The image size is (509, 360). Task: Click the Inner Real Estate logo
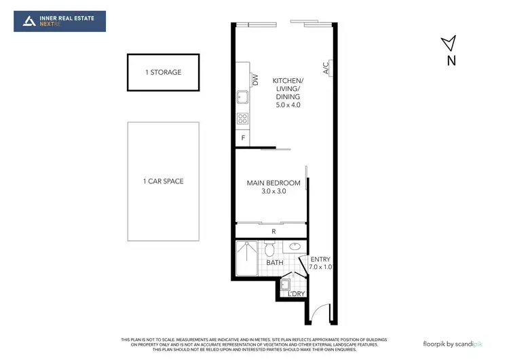click(60, 21)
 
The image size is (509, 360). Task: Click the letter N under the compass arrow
click(451, 61)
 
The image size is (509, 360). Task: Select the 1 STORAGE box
click(163, 72)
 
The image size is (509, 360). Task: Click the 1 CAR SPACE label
click(163, 181)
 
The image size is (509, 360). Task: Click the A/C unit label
click(326, 69)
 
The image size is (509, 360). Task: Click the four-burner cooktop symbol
click(242, 119)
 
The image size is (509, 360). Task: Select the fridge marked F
click(242, 139)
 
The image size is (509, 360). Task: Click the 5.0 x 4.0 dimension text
click(288, 105)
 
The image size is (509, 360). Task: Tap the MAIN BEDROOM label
click(274, 183)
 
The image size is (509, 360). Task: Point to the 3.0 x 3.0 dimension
click(274, 192)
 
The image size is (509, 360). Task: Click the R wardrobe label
click(274, 231)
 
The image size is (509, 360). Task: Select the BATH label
click(274, 262)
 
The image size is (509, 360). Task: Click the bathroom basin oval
click(295, 247)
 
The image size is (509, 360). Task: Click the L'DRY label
click(297, 293)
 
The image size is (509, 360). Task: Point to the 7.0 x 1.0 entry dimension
click(320, 268)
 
